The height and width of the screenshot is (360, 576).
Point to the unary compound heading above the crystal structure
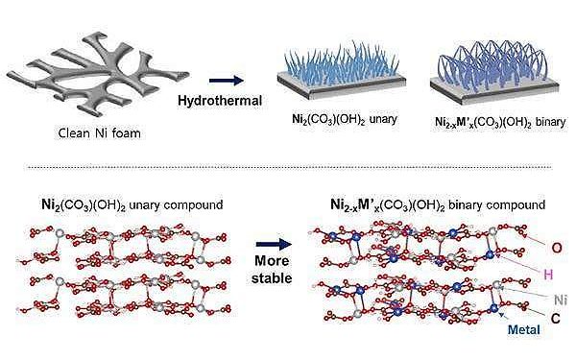coord(132,204)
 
